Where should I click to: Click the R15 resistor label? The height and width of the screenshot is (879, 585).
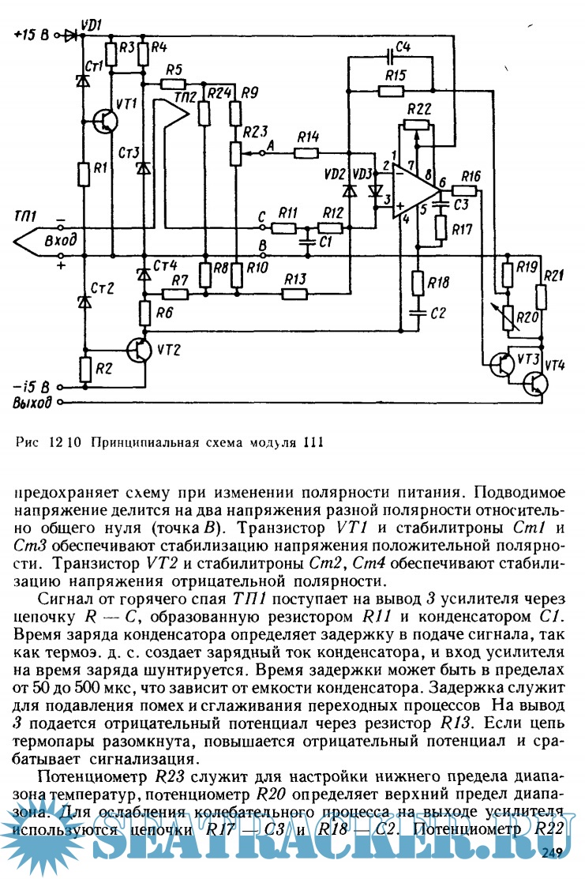[x=396, y=76]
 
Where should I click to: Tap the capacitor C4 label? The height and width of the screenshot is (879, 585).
[x=403, y=46]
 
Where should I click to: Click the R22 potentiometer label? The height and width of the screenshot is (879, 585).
[x=421, y=108]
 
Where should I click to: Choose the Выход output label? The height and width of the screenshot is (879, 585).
[x=33, y=404]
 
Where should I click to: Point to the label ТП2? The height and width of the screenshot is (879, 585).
[x=186, y=97]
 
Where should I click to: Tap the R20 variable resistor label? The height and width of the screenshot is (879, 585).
[x=527, y=318]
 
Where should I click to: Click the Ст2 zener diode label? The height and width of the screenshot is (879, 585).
[x=103, y=287]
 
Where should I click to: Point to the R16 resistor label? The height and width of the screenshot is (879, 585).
[x=471, y=175]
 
